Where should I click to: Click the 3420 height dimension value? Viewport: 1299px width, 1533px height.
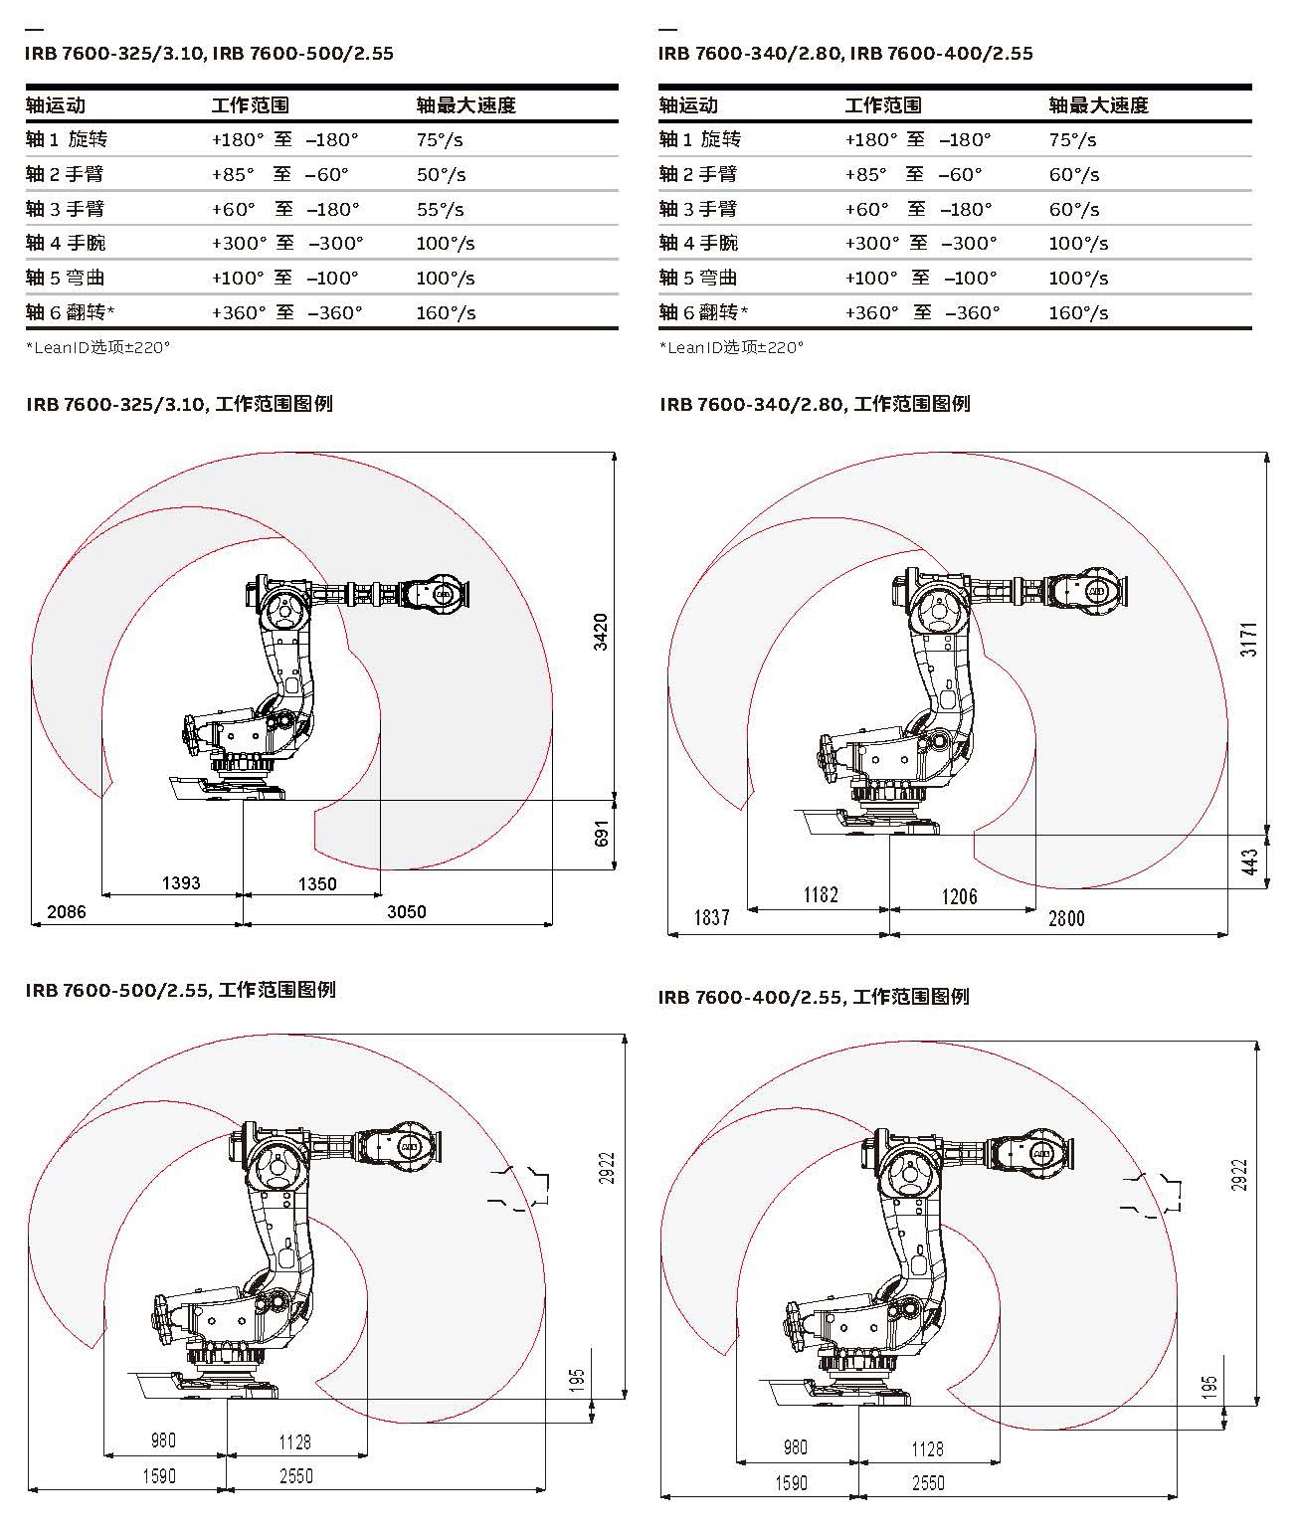click(601, 632)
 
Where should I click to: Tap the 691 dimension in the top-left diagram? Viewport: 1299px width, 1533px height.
click(601, 834)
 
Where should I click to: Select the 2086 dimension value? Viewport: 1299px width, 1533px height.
click(67, 911)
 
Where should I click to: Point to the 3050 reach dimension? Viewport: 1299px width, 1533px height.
click(406, 911)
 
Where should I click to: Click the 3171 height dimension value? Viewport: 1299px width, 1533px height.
click(1249, 639)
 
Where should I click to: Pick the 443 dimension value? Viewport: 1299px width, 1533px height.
click(1250, 861)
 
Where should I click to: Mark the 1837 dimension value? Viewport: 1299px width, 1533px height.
click(712, 917)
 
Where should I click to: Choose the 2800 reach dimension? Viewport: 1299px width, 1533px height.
click(1066, 918)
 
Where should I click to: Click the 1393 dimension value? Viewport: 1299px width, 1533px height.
click(181, 882)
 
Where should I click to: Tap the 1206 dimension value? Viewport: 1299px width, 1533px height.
click(960, 896)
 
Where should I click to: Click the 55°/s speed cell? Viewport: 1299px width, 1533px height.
click(441, 209)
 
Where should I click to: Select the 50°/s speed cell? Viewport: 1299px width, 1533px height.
click(441, 175)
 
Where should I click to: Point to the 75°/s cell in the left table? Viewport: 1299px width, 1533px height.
click(440, 140)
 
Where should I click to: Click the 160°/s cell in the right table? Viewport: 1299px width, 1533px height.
click(1078, 313)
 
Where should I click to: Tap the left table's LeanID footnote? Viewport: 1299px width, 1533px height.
click(97, 347)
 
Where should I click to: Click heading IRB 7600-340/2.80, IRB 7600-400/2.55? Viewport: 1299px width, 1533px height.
click(845, 54)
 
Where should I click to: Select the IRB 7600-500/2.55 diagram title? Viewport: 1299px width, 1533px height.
click(180, 990)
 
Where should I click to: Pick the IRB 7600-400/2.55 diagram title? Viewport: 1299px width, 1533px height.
click(813, 997)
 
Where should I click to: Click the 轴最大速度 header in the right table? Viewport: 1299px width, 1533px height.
click(1098, 105)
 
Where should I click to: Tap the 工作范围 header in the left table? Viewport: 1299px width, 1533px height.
click(250, 105)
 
